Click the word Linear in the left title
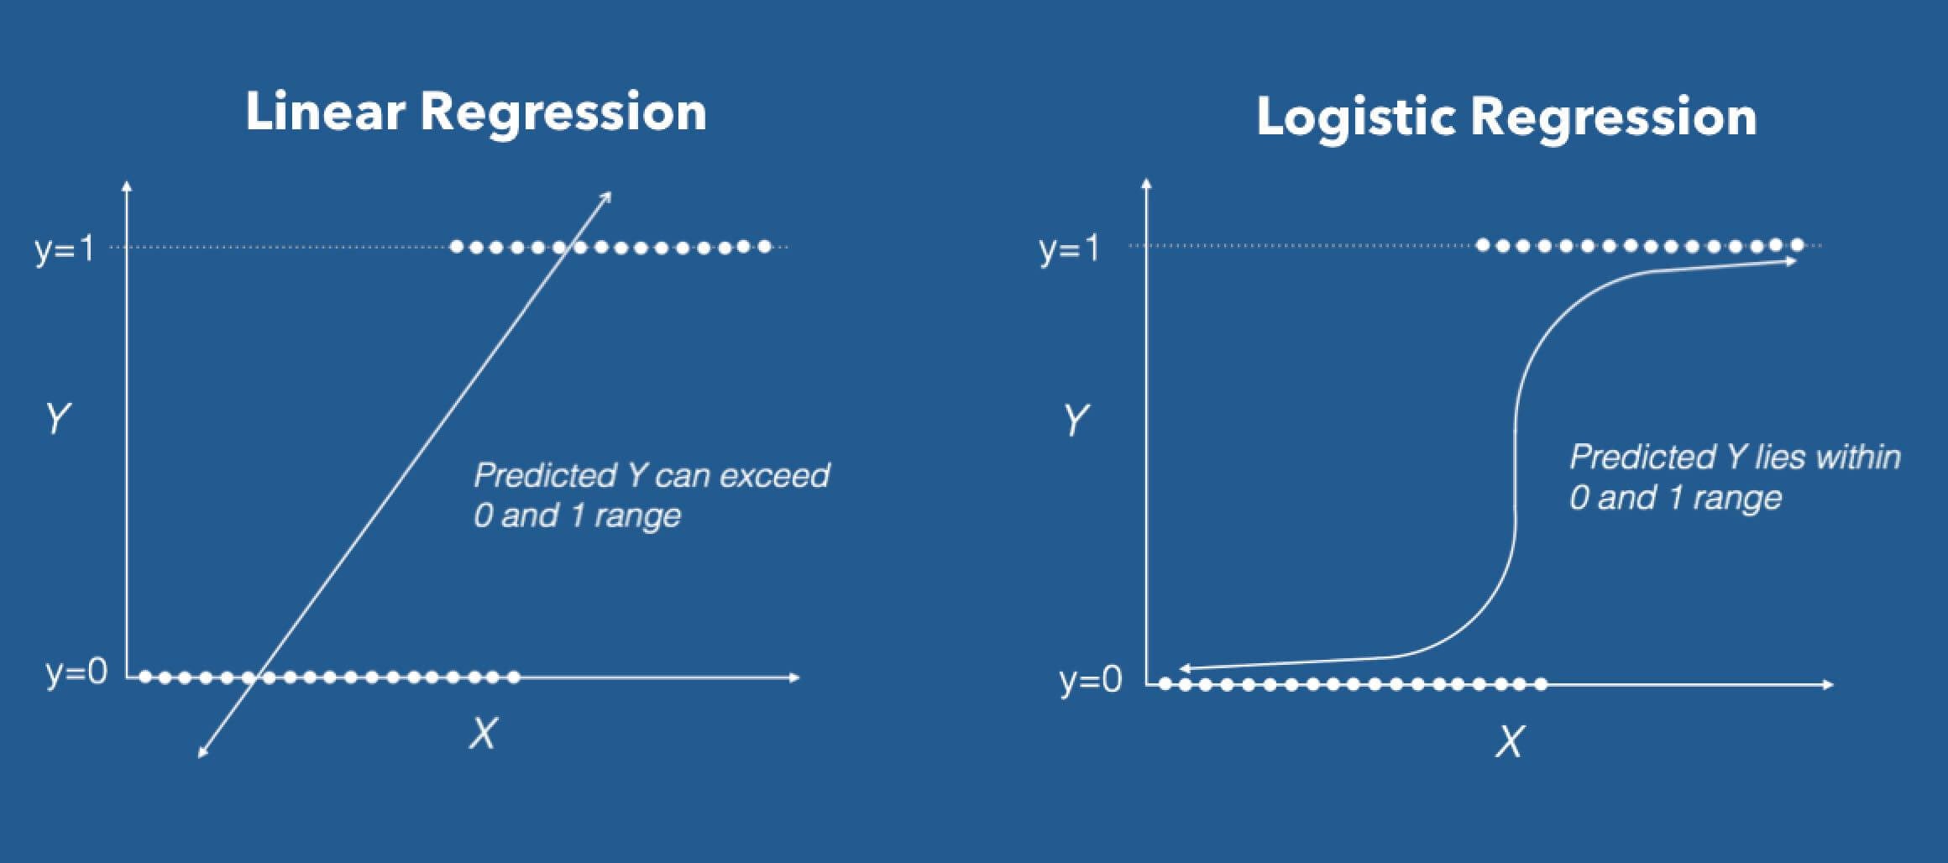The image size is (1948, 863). (324, 112)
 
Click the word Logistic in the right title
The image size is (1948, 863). (1354, 117)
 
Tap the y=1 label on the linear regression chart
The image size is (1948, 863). (65, 248)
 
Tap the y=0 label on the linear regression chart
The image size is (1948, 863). (76, 672)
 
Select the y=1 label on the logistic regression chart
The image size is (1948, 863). (1068, 248)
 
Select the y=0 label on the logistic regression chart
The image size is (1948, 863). (1090, 679)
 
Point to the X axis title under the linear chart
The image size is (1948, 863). (483, 734)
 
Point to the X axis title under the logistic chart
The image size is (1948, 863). (1508, 741)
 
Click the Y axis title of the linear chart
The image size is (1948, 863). (57, 417)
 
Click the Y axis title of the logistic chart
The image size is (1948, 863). (1076, 420)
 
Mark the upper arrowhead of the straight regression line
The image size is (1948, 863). (608, 196)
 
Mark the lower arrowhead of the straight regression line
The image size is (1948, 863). (202, 754)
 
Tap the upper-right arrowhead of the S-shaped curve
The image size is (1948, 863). (1792, 262)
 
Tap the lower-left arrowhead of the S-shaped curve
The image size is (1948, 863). (1184, 669)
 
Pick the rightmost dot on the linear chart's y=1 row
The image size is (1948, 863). (764, 247)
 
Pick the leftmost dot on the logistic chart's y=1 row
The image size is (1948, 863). (1483, 245)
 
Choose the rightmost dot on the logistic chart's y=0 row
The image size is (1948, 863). (1541, 685)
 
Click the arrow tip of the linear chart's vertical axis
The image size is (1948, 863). (127, 184)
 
